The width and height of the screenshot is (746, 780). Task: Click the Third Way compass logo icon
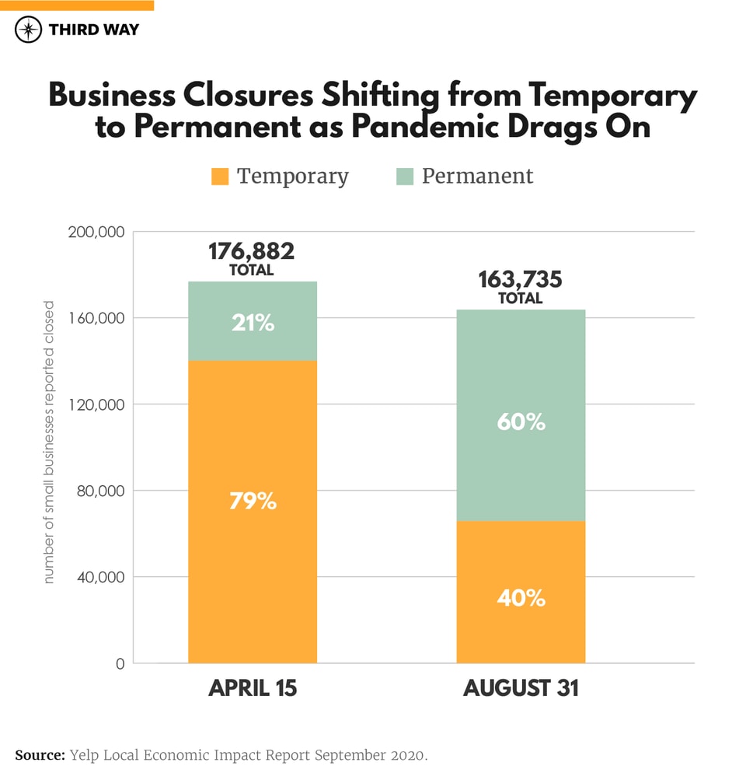(29, 30)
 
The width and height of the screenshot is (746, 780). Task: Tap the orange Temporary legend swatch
(220, 177)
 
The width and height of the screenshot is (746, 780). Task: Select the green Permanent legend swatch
(404, 177)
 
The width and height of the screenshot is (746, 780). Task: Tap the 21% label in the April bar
(253, 323)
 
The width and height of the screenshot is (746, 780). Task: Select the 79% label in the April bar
(253, 502)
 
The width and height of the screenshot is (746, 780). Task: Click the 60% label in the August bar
(521, 422)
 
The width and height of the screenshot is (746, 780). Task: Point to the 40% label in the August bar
(521, 598)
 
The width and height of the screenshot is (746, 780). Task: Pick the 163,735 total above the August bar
(520, 280)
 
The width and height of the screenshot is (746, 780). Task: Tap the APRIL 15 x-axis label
(253, 689)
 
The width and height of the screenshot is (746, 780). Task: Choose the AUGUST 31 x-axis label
(521, 689)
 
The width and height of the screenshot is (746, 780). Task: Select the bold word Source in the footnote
(39, 755)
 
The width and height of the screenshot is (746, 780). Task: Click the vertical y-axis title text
(49, 442)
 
